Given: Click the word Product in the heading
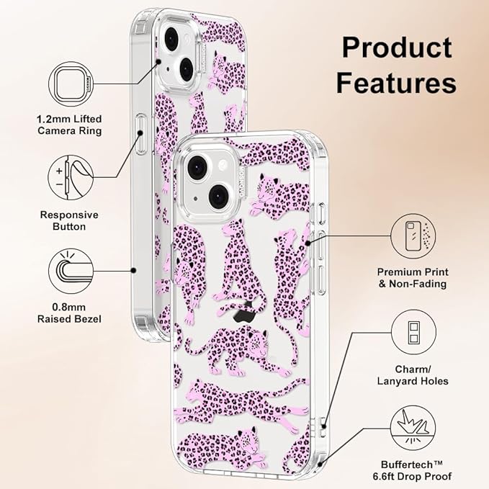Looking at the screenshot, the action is click(x=397, y=48).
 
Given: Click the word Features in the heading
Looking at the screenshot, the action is click(x=396, y=83).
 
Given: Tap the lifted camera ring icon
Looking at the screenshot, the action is click(x=71, y=84).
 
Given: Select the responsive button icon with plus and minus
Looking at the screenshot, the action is click(x=71, y=177).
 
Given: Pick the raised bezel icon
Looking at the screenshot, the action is click(x=71, y=271).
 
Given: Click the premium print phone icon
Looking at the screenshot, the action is click(x=413, y=236).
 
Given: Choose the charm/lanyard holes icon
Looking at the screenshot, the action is click(x=413, y=332).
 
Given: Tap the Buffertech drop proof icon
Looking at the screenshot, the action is click(x=413, y=429).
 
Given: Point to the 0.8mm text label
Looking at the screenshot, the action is click(x=68, y=308).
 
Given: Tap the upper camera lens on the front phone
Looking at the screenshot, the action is click(x=198, y=168).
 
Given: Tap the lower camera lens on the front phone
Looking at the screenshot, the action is click(x=219, y=196).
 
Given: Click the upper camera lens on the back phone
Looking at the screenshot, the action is click(x=170, y=37).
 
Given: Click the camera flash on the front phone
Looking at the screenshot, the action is click(x=223, y=165).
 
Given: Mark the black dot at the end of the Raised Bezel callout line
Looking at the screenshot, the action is click(x=133, y=271).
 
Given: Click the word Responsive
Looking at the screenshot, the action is click(x=69, y=215).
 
